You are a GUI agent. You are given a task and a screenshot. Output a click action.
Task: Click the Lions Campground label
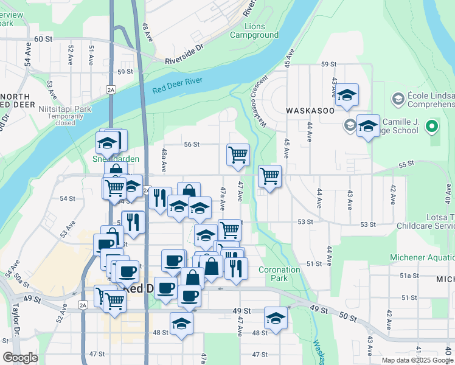[x=254, y=31]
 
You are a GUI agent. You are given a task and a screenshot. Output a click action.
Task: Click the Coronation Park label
[x=279, y=274]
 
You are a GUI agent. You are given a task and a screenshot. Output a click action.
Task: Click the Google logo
[x=20, y=358]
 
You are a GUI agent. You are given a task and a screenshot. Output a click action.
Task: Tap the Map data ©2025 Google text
[x=417, y=360]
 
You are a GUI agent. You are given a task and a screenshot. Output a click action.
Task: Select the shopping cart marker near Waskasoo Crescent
[x=269, y=176]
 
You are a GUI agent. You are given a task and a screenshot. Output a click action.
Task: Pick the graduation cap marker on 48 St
[x=181, y=324]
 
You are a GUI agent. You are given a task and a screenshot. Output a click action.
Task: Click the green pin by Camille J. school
[x=432, y=127]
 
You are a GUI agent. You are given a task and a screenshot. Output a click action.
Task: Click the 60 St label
[x=43, y=39]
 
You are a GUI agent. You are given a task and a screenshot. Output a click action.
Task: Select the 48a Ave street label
[x=163, y=158]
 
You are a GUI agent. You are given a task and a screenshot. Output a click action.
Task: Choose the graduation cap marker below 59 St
[x=347, y=95]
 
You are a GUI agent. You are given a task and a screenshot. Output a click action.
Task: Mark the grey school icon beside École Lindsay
[x=398, y=98]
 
